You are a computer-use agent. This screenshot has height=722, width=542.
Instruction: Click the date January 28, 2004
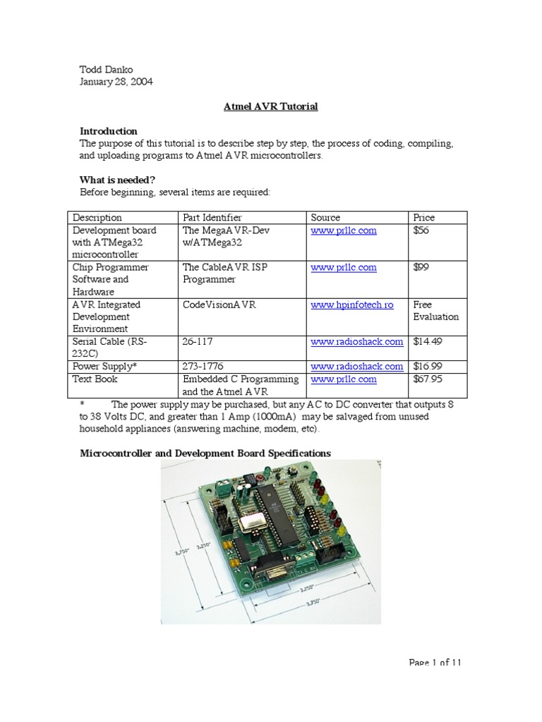pos(116,82)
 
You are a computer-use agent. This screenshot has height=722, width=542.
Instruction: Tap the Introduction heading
pos(109,131)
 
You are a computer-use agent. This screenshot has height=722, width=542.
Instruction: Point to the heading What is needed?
pos(117,180)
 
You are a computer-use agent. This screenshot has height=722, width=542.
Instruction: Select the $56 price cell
pos(421,231)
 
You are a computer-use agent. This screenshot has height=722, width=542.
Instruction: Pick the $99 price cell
pos(421,268)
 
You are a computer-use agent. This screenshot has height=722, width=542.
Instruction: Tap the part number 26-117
pos(198,342)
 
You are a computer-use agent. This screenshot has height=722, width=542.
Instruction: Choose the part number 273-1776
pos(203,367)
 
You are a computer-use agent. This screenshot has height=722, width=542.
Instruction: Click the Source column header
pos(325,218)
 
